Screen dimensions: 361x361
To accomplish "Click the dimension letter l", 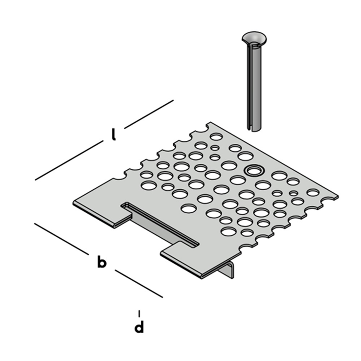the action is pos(113,135).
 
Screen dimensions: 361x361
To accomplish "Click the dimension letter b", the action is pos(102,262).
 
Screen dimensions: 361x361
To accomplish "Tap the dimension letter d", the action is pos(139,326).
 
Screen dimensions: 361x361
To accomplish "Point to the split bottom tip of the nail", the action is pos(254,129).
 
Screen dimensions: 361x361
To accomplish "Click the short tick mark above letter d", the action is pos(139,313).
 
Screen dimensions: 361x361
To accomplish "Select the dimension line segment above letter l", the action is pos(149,114).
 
